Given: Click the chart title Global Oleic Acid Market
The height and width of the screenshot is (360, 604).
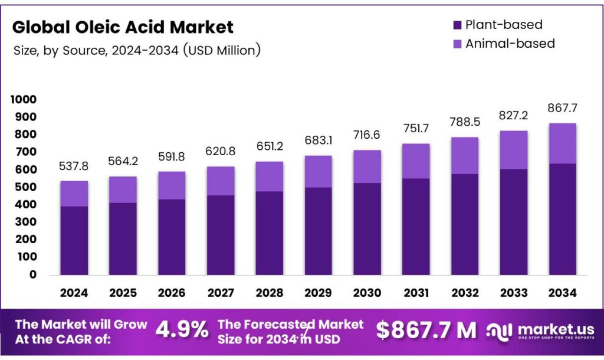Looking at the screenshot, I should coord(123,27).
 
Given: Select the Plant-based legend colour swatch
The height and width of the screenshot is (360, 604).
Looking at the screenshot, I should coord(457,25).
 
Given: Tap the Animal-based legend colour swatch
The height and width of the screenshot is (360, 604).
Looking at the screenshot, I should coord(457,44).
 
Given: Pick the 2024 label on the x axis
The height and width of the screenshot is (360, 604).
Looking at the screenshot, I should coord(74,292).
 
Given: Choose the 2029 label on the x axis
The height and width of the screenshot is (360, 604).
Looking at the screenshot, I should coord(318,292).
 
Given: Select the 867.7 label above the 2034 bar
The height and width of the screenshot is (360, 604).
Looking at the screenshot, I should coord(562,108).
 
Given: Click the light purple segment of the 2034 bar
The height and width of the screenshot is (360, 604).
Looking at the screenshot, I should coord(562,143).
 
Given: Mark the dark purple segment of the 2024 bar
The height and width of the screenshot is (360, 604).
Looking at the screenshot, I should coord(74,240).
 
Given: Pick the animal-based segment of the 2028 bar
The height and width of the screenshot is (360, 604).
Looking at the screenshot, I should coord(269,176).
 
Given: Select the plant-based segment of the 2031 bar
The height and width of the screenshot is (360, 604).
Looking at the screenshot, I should coord(416,226).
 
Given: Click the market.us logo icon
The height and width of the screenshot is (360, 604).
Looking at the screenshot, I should coord(499,331).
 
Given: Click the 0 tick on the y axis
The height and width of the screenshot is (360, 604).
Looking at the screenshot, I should coord(32,274).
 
